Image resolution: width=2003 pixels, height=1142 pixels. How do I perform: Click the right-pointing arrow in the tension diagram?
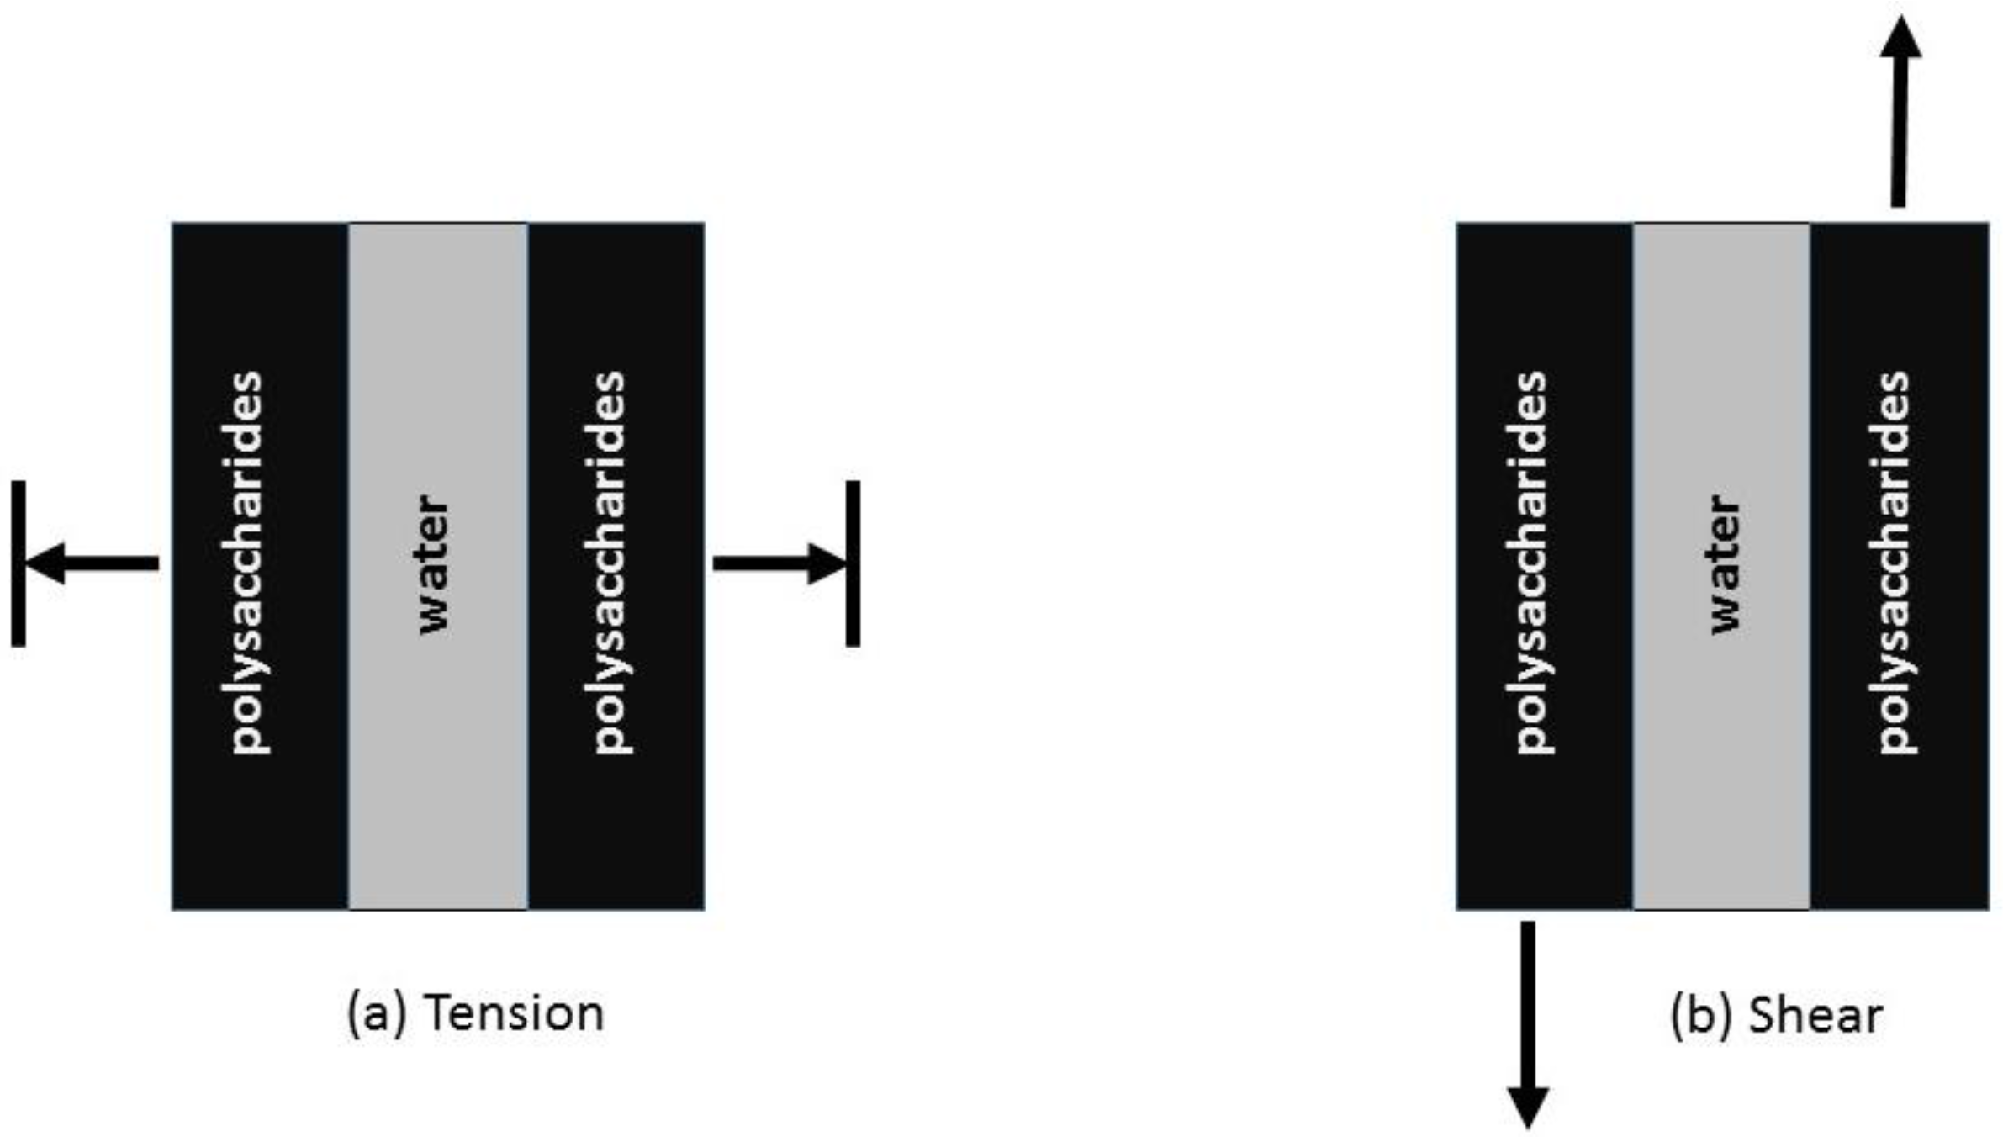(x=778, y=563)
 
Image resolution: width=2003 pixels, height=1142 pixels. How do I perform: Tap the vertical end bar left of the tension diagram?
(x=18, y=563)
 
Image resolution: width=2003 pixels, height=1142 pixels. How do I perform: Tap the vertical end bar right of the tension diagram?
(x=853, y=563)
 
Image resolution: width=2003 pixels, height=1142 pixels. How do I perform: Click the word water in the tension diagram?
(x=434, y=564)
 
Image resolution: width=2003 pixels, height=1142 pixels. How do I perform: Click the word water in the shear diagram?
(x=1725, y=564)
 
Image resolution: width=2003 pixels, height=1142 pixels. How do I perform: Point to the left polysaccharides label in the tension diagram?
(x=247, y=563)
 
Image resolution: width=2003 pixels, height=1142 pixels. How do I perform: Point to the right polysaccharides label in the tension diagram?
(x=610, y=563)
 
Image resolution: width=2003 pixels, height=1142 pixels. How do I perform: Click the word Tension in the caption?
(x=514, y=1012)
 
